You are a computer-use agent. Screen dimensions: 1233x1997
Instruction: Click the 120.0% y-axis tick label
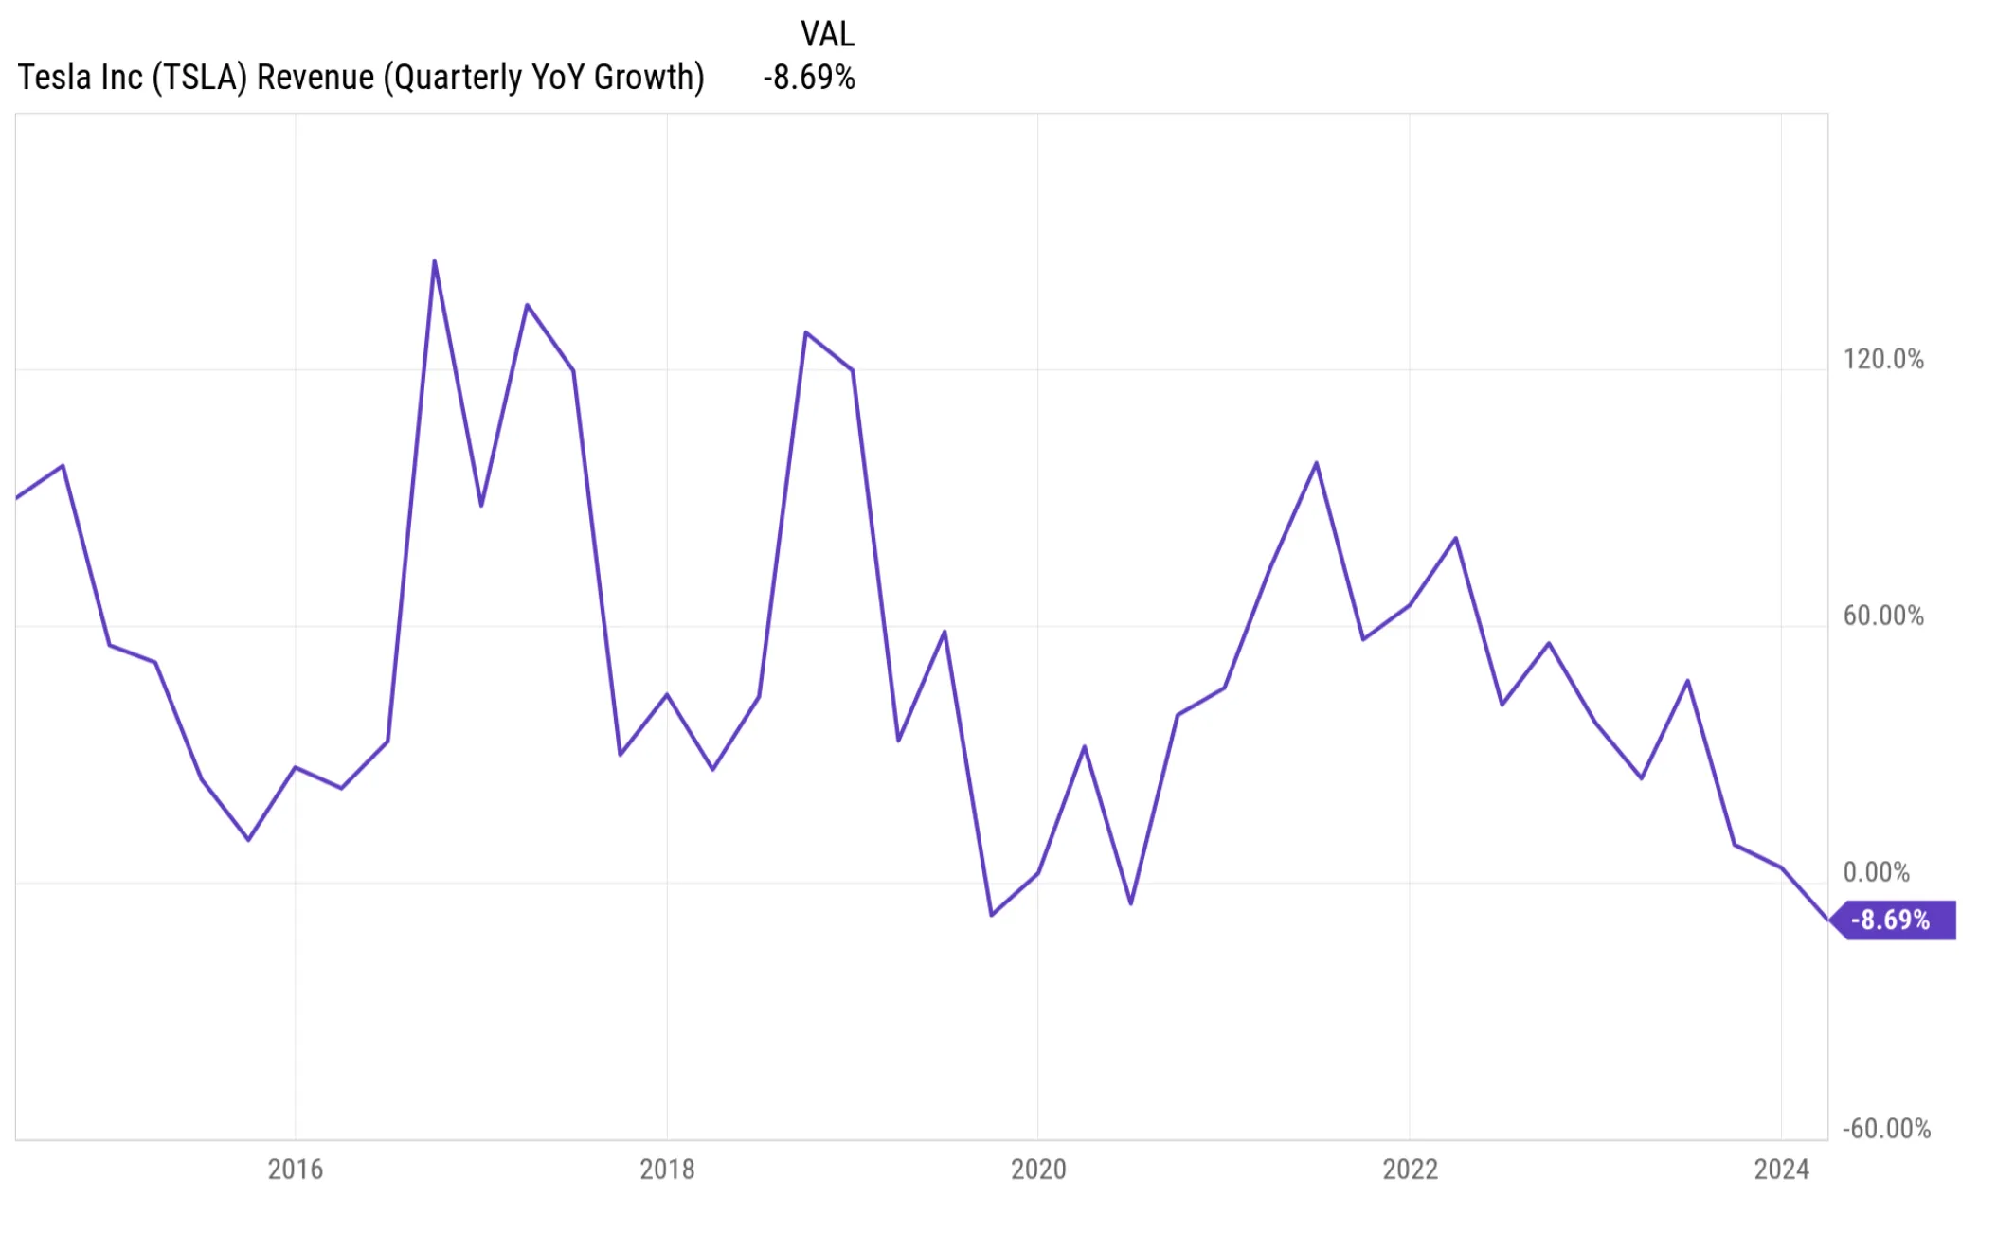pyautogui.click(x=1882, y=359)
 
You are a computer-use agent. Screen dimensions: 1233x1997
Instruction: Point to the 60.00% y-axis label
pyautogui.click(x=1882, y=616)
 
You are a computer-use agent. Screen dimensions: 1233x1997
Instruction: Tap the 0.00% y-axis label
pyautogui.click(x=1875, y=871)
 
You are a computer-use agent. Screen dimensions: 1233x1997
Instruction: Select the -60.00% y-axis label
pyautogui.click(x=1885, y=1128)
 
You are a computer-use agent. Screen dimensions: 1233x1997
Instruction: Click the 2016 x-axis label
pyautogui.click(x=295, y=1169)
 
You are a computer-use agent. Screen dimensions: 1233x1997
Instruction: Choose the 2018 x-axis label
pyautogui.click(x=666, y=1169)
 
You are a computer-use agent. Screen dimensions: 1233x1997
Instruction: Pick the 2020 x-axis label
pyautogui.click(x=1037, y=1169)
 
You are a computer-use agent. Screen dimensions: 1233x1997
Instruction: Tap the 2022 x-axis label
pyautogui.click(x=1410, y=1169)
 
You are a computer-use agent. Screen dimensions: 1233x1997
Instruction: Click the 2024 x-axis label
pyautogui.click(x=1781, y=1169)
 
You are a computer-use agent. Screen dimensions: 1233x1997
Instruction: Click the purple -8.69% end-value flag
pyautogui.click(x=1892, y=920)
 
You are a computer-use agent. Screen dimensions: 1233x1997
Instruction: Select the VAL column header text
pyautogui.click(x=827, y=34)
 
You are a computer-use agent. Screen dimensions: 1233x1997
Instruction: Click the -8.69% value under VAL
pyautogui.click(x=809, y=78)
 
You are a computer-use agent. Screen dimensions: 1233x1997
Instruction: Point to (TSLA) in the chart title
pyautogui.click(x=200, y=78)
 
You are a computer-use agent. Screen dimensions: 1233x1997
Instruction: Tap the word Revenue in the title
pyautogui.click(x=315, y=78)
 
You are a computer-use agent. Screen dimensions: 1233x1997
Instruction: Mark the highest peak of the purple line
pyautogui.click(x=434, y=261)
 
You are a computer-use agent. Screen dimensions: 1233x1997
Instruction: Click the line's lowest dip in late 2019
pyautogui.click(x=991, y=915)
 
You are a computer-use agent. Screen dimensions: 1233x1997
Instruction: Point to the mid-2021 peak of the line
pyautogui.click(x=1316, y=463)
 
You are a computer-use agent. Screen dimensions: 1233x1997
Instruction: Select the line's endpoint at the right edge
pyautogui.click(x=1827, y=919)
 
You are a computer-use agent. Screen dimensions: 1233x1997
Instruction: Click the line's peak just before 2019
pyautogui.click(x=805, y=332)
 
